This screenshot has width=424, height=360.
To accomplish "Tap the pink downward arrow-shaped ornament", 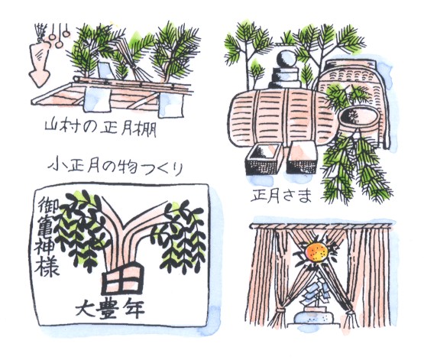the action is tap(39, 65).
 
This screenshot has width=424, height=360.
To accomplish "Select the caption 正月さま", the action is tap(281, 196).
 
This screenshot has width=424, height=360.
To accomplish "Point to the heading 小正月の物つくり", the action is tap(115, 165).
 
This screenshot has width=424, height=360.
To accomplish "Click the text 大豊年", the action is tap(110, 310).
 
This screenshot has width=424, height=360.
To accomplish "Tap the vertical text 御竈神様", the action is tap(46, 236).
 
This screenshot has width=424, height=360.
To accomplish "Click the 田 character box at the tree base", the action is tap(122, 279).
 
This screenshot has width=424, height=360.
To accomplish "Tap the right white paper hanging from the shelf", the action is tap(171, 105).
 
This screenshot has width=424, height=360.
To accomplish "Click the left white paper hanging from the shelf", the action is tap(97, 99).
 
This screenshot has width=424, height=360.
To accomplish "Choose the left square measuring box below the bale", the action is tap(264, 160).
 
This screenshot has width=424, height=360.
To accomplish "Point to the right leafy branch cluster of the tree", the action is tap(180, 236).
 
